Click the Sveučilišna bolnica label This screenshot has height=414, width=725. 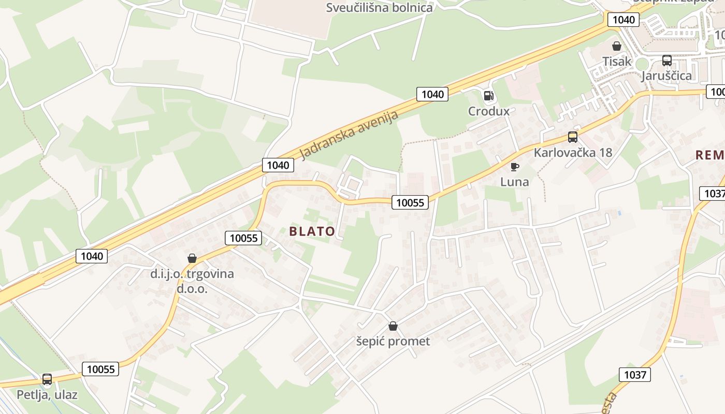click(x=379, y=8)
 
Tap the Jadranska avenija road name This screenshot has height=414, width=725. click(x=350, y=135)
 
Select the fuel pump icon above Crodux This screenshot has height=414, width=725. click(x=488, y=96)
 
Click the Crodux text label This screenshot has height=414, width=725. click(x=488, y=111)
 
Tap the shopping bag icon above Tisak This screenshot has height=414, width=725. click(x=616, y=46)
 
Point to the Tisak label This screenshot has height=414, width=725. click(x=617, y=62)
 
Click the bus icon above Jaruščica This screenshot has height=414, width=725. click(x=666, y=61)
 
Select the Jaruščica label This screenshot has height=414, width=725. click(x=666, y=76)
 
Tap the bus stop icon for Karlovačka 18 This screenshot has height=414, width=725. click(x=572, y=137)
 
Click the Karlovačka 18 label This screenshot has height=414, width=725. click(x=573, y=153)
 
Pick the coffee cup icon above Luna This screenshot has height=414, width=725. click(x=514, y=166)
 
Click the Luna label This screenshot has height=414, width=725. click(x=514, y=182)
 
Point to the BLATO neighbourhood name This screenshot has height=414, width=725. click(x=312, y=231)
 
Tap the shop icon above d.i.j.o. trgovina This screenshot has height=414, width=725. click(x=192, y=258)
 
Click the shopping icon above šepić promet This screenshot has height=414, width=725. click(x=393, y=326)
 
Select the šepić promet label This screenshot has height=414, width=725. click(x=393, y=342)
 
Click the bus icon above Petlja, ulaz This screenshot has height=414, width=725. click(x=47, y=379)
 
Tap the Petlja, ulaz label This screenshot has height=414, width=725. click(x=47, y=395)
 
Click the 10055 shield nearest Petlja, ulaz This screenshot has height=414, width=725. click(x=100, y=369)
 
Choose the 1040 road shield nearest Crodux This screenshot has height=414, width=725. click(x=432, y=94)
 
